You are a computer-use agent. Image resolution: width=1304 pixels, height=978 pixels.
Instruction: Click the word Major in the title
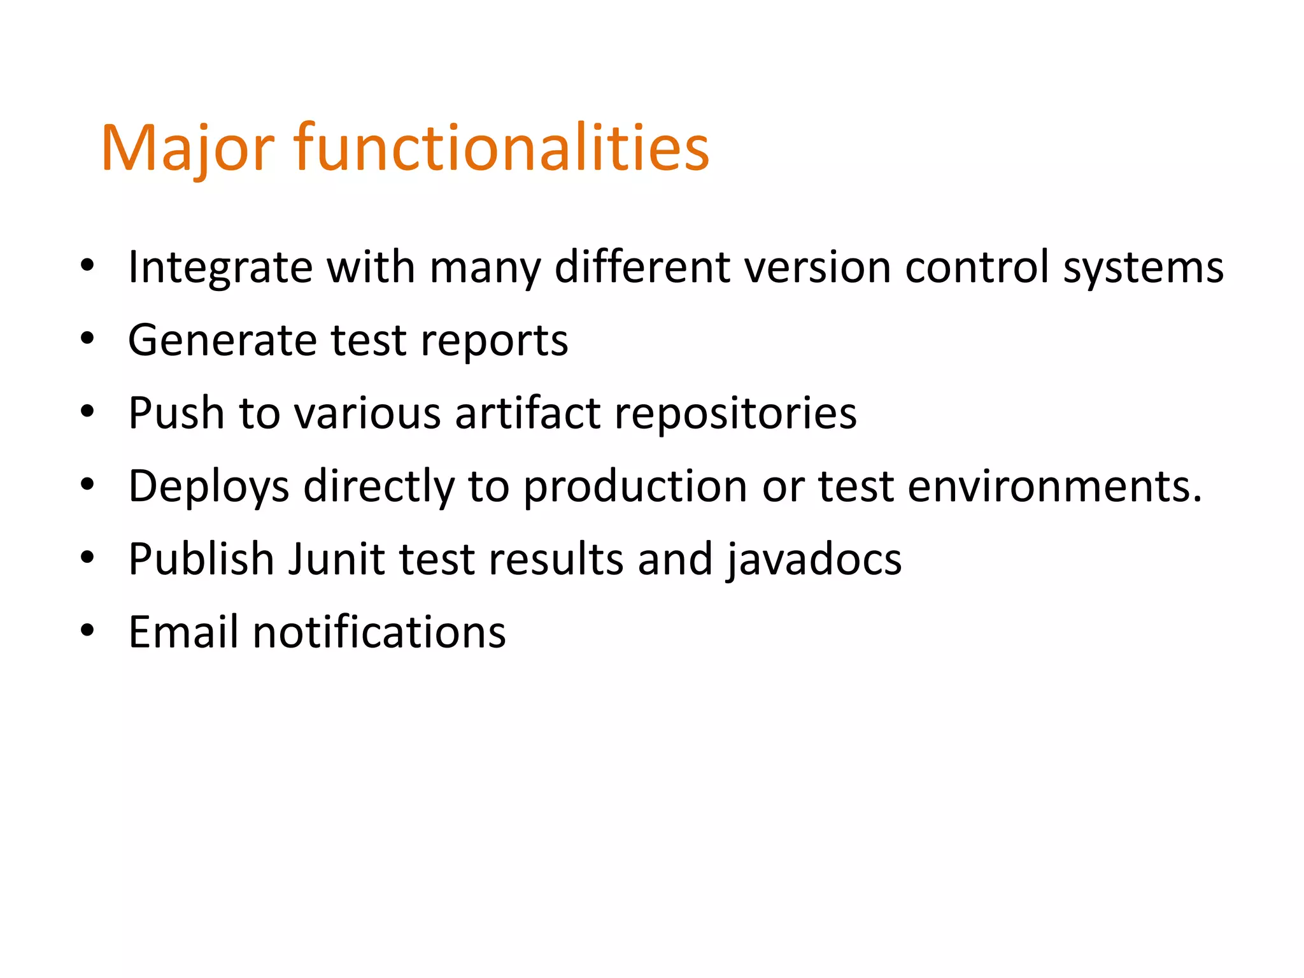tap(188, 149)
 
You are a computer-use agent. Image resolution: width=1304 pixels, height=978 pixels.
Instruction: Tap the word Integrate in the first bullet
tap(220, 267)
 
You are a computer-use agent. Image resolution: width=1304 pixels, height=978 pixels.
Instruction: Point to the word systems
tap(1143, 268)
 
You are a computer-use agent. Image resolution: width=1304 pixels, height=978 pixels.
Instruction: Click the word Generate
tap(222, 340)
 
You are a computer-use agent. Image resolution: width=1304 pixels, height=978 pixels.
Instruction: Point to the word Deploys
tap(209, 486)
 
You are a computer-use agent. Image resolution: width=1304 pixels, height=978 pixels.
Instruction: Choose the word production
tap(635, 486)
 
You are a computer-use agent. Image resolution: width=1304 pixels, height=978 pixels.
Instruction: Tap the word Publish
tap(201, 559)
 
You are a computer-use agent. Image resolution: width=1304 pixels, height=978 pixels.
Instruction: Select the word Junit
tap(337, 559)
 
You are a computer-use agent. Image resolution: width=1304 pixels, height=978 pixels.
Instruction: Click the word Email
tap(183, 632)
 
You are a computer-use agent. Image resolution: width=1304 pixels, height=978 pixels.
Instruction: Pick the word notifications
tap(379, 632)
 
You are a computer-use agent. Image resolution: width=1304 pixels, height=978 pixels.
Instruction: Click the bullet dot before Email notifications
tap(87, 630)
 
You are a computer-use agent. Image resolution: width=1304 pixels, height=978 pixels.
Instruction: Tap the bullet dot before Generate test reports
tap(87, 338)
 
